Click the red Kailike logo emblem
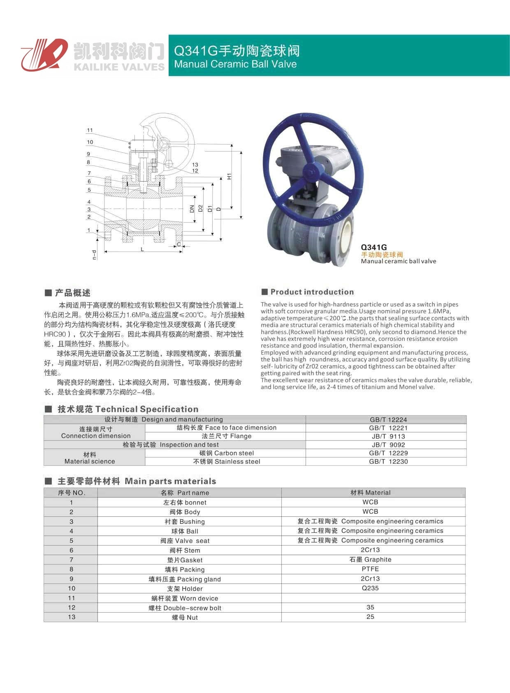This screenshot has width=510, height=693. (44, 55)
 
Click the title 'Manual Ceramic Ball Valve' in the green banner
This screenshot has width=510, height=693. (235, 64)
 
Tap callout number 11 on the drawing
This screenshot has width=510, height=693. (90, 130)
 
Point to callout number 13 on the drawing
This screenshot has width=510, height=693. (195, 164)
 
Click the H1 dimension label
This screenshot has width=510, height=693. (229, 176)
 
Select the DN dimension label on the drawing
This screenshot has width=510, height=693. (192, 209)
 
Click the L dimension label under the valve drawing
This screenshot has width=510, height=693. (142, 249)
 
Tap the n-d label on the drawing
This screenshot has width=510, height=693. (94, 255)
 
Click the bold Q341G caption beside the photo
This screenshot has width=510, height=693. (374, 247)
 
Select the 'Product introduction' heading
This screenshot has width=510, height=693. (312, 292)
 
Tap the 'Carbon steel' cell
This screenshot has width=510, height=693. (226, 453)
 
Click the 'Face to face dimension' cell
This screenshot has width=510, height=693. (226, 428)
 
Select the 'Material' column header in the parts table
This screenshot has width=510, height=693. (370, 492)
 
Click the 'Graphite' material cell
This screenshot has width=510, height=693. (370, 560)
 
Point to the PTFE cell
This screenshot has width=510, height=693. (370, 569)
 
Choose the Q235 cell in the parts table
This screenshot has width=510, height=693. (370, 588)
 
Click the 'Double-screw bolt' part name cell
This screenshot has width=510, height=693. (185, 608)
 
